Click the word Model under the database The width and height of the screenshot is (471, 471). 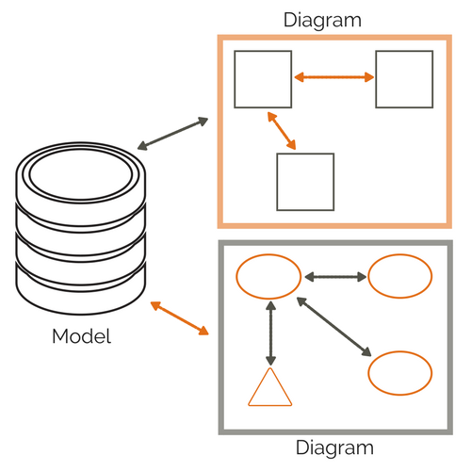81,335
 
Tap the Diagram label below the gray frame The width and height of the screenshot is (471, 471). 334,449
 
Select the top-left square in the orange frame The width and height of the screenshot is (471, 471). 263,79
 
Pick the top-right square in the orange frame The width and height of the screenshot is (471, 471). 404,79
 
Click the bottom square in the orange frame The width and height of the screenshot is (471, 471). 305,181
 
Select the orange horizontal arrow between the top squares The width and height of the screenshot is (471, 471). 334,78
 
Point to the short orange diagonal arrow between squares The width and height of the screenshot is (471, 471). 281,131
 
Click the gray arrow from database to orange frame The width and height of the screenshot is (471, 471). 172,134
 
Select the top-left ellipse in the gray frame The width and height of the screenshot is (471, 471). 268,275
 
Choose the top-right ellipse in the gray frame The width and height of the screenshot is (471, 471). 399,275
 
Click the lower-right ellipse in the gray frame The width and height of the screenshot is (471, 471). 399,372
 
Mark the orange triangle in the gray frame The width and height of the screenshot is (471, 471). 269,390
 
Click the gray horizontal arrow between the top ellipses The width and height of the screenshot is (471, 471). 335,276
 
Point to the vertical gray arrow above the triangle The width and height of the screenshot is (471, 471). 271,333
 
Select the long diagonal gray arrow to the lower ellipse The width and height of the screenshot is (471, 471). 333,327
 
